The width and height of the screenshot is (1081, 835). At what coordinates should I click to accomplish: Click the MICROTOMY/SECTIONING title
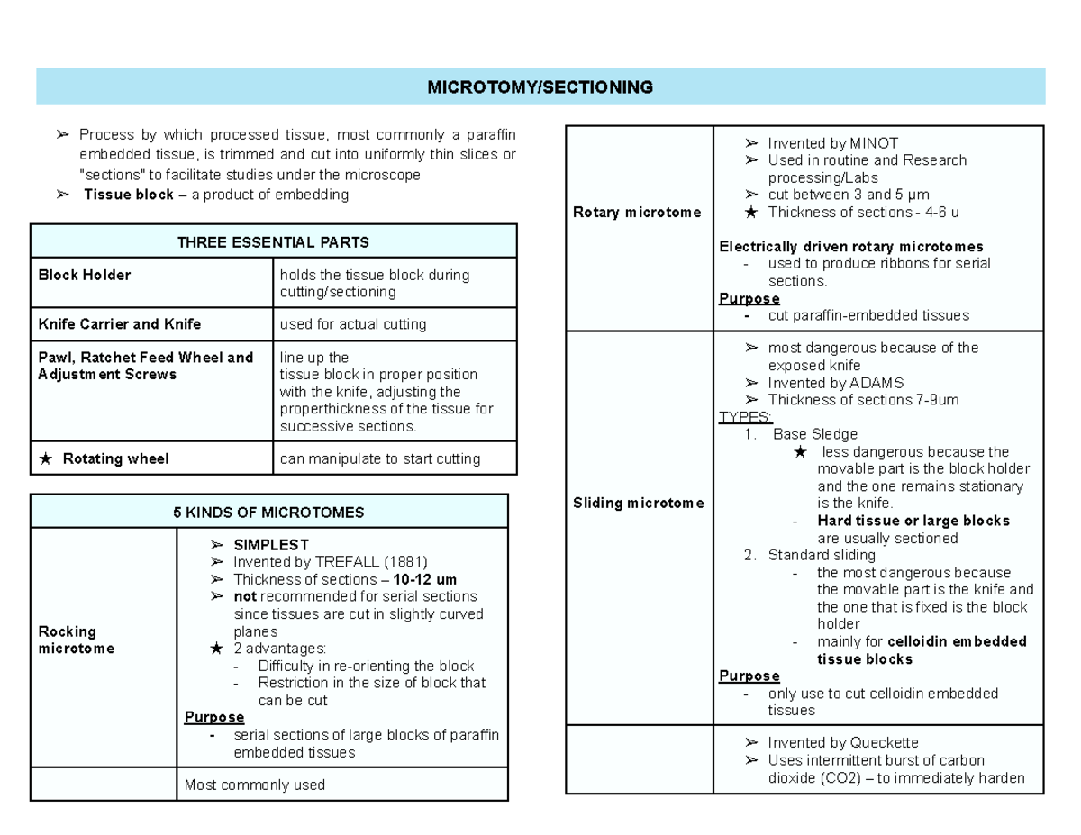540,87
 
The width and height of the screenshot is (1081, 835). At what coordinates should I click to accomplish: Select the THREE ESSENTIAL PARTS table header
273,242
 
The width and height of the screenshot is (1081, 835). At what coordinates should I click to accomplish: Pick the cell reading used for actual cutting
353,324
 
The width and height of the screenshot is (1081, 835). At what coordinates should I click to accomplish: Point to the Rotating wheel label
115,458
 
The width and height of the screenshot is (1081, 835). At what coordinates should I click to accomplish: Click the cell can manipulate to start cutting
379,458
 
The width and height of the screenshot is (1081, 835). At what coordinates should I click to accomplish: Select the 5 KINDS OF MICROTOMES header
268,513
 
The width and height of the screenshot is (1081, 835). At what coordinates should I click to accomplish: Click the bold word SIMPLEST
271,545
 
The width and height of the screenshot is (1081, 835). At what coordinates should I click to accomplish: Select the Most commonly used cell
254,785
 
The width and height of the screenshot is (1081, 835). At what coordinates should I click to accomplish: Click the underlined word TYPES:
745,417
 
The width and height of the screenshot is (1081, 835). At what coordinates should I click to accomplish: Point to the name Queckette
885,743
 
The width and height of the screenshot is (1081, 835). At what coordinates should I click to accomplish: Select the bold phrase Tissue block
128,195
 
